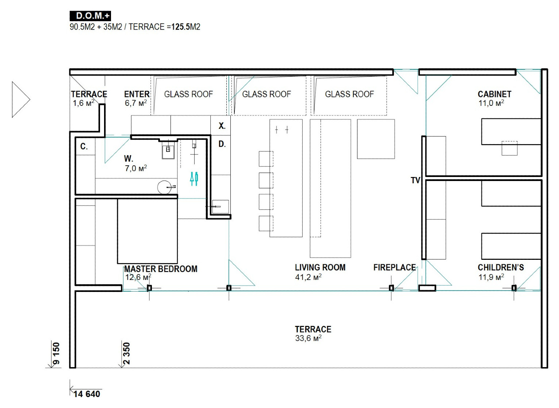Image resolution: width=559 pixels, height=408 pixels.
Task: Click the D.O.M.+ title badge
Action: pos(90,16)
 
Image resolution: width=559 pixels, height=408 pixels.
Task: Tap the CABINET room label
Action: pos(494,94)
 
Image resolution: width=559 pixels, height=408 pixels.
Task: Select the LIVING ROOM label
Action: pos(320,267)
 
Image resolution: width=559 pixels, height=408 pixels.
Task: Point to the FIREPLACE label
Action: pos(395,267)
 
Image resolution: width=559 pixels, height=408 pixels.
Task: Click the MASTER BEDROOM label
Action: pos(161,269)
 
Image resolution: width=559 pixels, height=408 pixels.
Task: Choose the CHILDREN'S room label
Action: pos(501,267)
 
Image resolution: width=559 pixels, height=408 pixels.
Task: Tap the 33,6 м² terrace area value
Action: pos(308,338)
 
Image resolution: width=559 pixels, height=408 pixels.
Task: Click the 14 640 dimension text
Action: pos(87,394)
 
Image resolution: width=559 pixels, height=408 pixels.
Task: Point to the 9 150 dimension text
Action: pos(56,353)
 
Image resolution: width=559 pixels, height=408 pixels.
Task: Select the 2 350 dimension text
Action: pos(127,353)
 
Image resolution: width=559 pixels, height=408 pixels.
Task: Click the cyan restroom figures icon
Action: pos(194,178)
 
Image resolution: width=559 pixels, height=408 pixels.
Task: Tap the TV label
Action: pos(416,180)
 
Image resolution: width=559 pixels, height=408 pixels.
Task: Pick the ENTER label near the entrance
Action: pos(137,94)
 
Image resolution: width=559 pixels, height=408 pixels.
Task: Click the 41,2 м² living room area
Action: pos(308,277)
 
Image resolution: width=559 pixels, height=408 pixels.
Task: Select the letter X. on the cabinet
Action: pos(222,126)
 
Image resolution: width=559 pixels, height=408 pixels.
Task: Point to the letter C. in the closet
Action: pos(84,146)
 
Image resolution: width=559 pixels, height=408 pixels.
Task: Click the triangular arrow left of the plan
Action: pos(21,100)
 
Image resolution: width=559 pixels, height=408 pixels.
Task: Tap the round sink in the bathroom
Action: pos(164,187)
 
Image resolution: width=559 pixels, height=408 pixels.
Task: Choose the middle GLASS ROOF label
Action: pos(267,94)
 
